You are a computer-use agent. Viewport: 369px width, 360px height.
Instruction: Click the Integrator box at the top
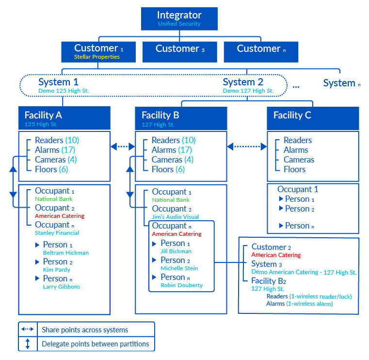(x=179, y=18)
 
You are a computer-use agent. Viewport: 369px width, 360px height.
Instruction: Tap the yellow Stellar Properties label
(x=96, y=57)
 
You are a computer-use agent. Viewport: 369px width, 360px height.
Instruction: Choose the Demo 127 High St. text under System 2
(x=248, y=91)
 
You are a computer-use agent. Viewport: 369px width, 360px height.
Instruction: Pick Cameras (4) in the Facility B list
(x=172, y=160)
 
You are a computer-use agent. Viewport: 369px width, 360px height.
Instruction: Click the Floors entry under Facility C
(x=294, y=169)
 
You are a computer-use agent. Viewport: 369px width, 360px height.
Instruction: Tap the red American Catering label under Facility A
(x=59, y=216)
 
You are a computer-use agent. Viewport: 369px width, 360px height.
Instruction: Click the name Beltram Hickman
(x=65, y=253)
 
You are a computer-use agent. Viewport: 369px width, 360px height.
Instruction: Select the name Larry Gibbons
(x=61, y=287)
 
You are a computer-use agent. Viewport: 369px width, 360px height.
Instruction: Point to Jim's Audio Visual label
(x=176, y=217)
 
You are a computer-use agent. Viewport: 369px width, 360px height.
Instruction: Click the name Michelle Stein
(x=179, y=268)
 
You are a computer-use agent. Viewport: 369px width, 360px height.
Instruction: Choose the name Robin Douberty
(x=181, y=286)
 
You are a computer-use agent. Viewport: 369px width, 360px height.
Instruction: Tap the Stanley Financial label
(x=57, y=233)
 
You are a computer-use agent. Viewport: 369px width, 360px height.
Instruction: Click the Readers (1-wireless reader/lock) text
(x=309, y=296)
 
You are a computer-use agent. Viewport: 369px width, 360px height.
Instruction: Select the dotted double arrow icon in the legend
(x=28, y=329)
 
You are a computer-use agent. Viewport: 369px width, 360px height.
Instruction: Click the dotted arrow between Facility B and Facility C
(x=247, y=146)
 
